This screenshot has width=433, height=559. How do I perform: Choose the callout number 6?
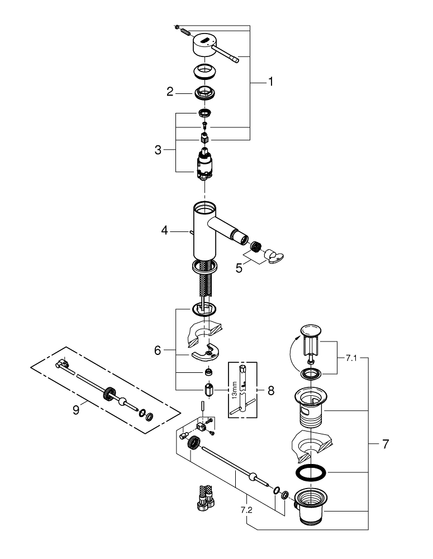tap(158, 350)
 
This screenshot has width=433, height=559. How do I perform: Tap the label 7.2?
tap(248, 510)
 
